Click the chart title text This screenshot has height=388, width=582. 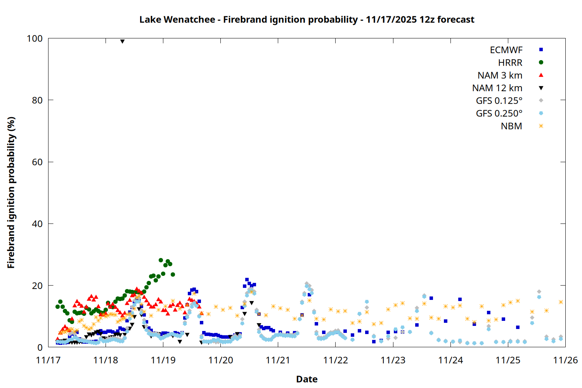307,19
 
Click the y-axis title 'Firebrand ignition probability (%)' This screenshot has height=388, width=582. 11,192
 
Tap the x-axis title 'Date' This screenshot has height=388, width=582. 307,379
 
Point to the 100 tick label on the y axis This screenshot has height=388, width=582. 35,38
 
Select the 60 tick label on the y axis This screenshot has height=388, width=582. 37,162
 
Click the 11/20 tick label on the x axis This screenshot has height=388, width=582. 221,360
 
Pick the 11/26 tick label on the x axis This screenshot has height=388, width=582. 565,360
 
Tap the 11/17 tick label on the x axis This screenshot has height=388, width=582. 48,360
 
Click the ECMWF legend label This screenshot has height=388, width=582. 506,50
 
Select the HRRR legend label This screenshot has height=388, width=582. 510,63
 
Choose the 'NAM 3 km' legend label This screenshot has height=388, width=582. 500,75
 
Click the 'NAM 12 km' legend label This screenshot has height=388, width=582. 497,88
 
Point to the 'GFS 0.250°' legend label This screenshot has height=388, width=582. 499,113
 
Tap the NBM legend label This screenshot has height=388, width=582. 511,126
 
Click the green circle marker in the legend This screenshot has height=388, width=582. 541,62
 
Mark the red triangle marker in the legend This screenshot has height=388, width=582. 541,75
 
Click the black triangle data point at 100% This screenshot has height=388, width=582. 122,42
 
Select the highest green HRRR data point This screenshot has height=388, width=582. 161,260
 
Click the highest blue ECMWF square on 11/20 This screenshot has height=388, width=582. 247,280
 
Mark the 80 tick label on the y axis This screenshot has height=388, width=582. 37,100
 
